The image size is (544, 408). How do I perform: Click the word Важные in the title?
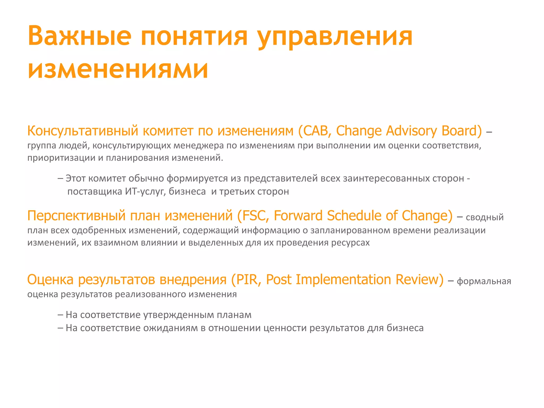click(x=79, y=36)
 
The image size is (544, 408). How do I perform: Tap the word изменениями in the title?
click(x=118, y=69)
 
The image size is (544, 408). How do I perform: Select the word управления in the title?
click(x=335, y=37)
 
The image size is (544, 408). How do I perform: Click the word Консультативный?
click(x=83, y=131)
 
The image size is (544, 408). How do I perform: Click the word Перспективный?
click(x=76, y=216)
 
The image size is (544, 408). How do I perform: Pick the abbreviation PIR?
click(x=247, y=280)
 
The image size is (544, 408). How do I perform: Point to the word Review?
click(x=419, y=280)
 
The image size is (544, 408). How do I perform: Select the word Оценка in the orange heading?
click(x=50, y=280)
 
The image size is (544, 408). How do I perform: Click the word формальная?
click(x=484, y=281)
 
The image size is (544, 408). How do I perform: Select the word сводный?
click(x=484, y=217)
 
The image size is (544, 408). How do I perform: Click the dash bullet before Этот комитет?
click(x=60, y=178)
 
